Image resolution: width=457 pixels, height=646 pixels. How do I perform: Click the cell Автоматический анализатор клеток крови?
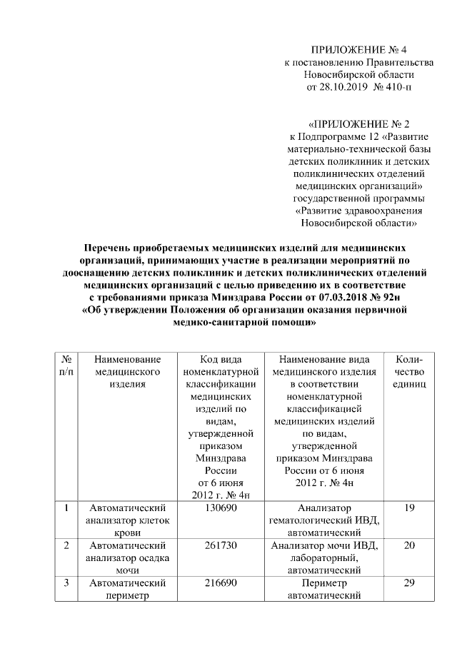coord(128,520)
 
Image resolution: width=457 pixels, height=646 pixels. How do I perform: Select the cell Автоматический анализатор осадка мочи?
coord(128,558)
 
